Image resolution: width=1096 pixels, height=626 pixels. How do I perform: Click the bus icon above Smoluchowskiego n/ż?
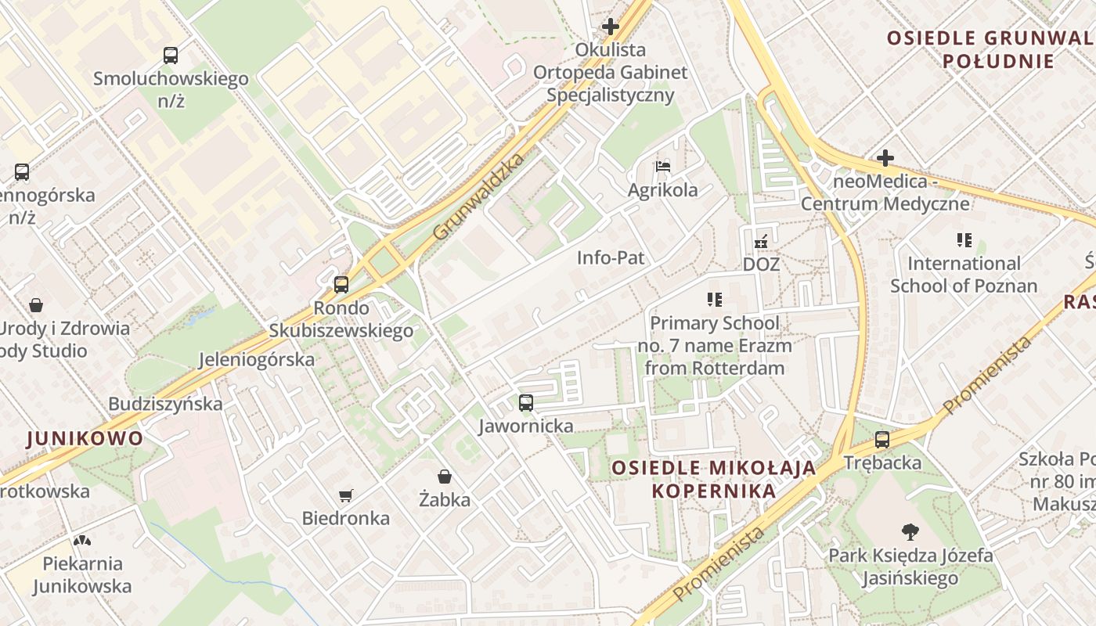point(171,56)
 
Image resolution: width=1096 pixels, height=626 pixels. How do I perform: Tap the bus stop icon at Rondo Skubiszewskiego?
point(341,285)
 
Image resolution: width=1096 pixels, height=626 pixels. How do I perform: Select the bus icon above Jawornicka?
point(526,403)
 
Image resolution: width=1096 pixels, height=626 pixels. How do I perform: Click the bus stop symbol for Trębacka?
point(882,440)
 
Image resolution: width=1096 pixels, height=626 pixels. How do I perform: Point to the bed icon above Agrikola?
point(663,167)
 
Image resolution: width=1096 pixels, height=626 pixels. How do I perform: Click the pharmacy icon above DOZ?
point(760,242)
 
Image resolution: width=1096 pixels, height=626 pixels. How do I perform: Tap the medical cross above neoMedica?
point(885,158)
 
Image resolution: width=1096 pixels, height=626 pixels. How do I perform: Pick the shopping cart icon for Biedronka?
point(346,495)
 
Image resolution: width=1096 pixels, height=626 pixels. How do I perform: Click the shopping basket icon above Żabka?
point(445,477)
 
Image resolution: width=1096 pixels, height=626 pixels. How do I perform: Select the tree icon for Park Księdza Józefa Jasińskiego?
point(910,532)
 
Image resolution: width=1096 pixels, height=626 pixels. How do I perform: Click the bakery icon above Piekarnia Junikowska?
point(81,540)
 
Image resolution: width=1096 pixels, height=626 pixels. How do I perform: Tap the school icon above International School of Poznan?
point(964,240)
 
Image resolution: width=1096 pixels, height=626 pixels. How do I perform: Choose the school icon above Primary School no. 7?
point(714,300)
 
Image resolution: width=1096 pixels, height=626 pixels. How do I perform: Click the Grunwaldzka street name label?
point(478,197)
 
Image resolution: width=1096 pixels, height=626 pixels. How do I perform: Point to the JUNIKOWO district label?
point(85,438)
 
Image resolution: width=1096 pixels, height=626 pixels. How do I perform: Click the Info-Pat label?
point(611,257)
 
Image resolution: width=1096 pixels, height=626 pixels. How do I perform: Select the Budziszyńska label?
point(165,404)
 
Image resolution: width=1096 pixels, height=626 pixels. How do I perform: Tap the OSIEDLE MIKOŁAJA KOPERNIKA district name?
point(713,479)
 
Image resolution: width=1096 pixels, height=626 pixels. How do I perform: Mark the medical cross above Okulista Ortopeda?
point(610,27)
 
